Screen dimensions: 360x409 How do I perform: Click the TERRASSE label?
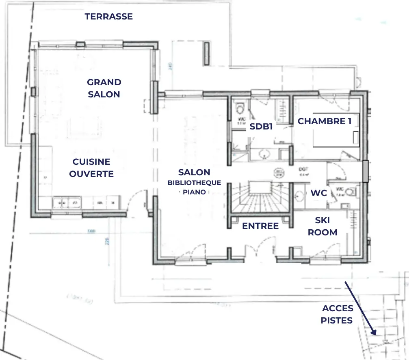click(108, 17)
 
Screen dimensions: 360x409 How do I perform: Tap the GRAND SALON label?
click(104, 88)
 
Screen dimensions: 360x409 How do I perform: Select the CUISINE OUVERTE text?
click(91, 168)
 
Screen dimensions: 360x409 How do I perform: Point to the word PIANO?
click(194, 192)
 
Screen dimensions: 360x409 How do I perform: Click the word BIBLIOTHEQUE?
click(194, 183)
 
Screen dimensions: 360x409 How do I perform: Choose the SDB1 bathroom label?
click(261, 126)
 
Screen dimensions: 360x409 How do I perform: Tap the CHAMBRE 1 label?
click(324, 121)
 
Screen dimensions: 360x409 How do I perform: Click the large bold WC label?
click(319, 193)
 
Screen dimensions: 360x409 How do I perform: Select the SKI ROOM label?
click(322, 226)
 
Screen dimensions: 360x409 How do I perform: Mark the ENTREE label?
click(260, 226)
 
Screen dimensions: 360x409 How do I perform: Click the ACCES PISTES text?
click(337, 314)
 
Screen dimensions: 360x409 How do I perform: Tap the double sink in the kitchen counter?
click(67, 202)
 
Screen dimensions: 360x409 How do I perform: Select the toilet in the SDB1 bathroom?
click(240, 109)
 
